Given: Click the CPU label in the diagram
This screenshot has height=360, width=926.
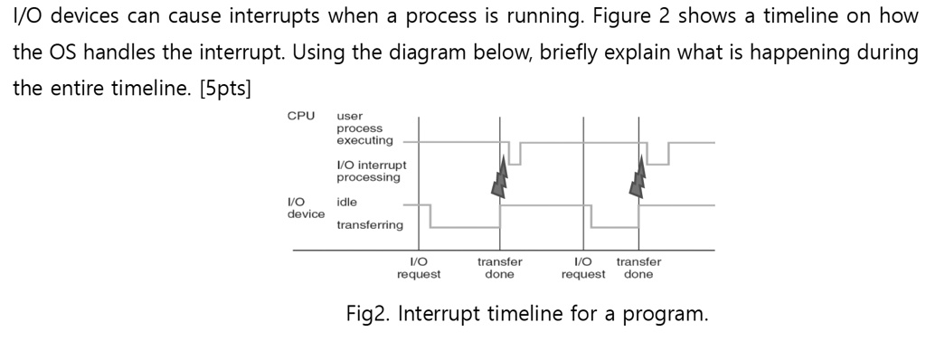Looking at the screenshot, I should [x=300, y=116].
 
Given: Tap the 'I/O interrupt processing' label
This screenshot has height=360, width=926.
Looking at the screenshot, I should [x=371, y=171].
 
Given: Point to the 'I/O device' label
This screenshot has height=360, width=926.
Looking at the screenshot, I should [x=306, y=208].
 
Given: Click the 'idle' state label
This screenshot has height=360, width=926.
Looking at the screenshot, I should [x=346, y=202].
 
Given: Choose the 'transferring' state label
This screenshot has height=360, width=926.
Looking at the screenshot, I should [x=370, y=224].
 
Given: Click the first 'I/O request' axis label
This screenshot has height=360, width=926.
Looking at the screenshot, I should [x=419, y=268].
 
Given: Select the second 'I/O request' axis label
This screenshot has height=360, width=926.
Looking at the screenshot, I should [x=583, y=268].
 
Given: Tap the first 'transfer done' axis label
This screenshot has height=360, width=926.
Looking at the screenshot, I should [x=499, y=268].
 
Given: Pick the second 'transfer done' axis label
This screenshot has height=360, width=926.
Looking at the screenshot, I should [x=638, y=268].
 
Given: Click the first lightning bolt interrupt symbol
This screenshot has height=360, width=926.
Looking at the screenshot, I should [x=499, y=175].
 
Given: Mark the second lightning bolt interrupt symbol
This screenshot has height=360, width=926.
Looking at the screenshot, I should [x=640, y=175].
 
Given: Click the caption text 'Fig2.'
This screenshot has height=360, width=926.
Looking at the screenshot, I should [x=368, y=315].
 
